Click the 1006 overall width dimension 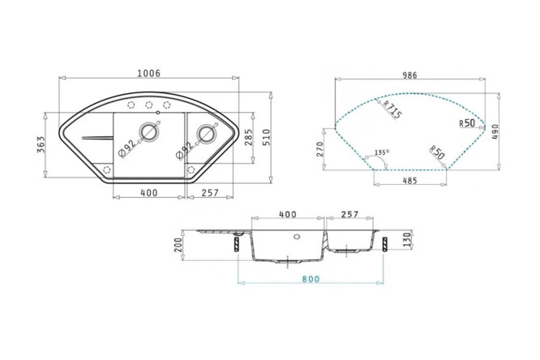point(148,73)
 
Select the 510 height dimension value point(267,137)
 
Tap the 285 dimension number point(248,137)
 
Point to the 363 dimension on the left point(41,145)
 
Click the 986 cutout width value point(409,75)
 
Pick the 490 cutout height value point(495,131)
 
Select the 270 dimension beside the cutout point(320,149)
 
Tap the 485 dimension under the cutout point(409,180)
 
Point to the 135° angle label point(382,152)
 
